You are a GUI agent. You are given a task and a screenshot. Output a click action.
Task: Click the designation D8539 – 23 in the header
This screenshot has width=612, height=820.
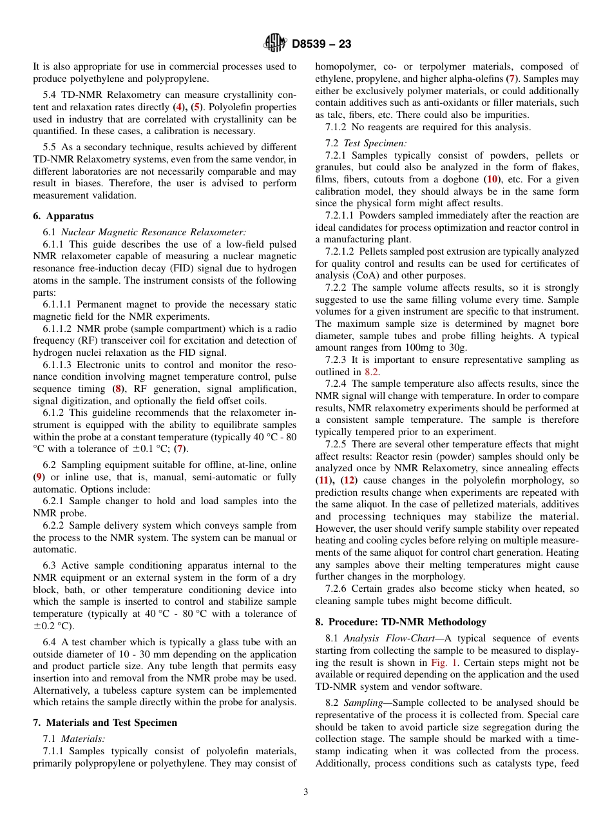coord(321,44)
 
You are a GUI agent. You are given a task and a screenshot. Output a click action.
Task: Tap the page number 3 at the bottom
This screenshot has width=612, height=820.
coord(305,792)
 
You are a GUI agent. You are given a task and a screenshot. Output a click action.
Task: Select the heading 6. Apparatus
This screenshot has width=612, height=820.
coord(63,217)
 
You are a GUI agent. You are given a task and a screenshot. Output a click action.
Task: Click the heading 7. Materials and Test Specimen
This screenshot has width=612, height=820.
coord(105,723)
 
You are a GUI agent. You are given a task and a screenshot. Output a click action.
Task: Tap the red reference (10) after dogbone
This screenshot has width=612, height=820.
coord(492,180)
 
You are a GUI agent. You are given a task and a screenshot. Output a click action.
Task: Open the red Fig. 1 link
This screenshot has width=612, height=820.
coord(443,663)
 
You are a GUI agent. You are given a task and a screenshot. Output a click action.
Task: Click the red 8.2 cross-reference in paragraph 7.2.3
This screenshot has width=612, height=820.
coord(371,371)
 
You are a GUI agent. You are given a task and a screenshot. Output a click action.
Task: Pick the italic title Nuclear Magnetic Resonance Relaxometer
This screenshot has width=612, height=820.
coord(153,232)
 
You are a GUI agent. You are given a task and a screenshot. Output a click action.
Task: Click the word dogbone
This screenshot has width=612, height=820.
coord(461,180)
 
